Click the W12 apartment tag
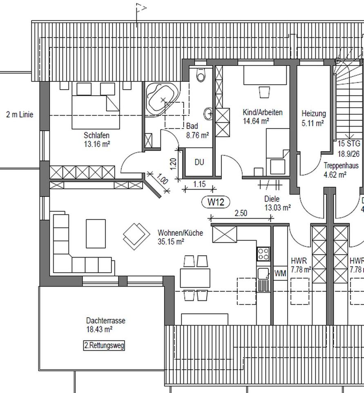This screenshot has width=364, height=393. pyautogui.click(x=216, y=202)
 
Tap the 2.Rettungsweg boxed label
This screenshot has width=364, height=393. pyautogui.click(x=104, y=346)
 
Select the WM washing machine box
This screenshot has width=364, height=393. pyautogui.click(x=280, y=273)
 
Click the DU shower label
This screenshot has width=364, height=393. pyautogui.click(x=199, y=163)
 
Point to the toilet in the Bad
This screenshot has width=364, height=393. pyautogui.click(x=201, y=75)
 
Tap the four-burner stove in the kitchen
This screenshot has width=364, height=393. pyautogui.click(x=263, y=254)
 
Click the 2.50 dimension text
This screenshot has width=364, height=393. pyautogui.click(x=241, y=213)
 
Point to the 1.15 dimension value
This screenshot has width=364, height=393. pyautogui.click(x=199, y=184)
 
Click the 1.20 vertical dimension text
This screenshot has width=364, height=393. pyautogui.click(x=173, y=164)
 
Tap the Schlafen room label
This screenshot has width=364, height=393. pyautogui.click(x=97, y=135)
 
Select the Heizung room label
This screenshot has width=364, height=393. pyautogui.click(x=314, y=113)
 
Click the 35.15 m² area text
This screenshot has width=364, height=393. pyautogui.click(x=171, y=242)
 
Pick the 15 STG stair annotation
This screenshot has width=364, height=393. pyautogui.click(x=349, y=144)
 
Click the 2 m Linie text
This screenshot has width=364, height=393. pyautogui.click(x=20, y=115)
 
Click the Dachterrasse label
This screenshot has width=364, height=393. pyautogui.click(x=105, y=321)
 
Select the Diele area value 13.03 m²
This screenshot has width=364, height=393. pyautogui.click(x=277, y=208)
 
